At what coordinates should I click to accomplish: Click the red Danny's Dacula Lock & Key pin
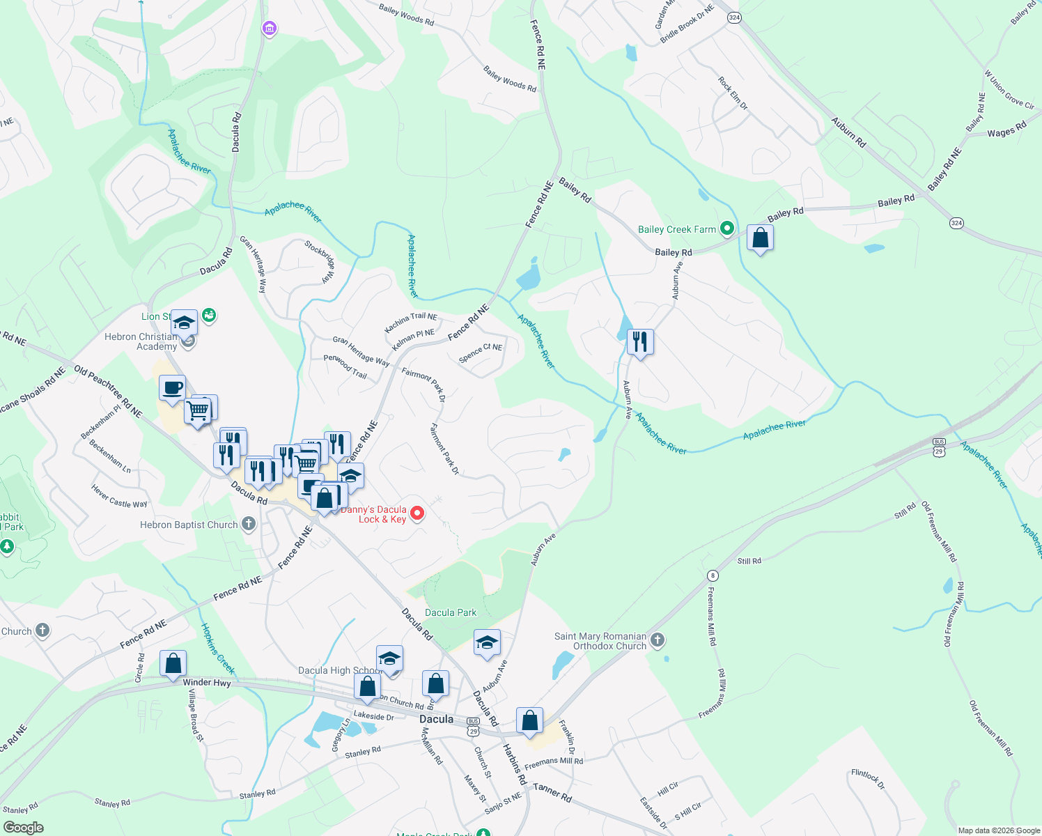click(417, 513)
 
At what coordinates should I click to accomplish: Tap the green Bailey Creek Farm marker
click(727, 229)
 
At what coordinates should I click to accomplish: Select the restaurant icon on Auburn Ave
click(639, 342)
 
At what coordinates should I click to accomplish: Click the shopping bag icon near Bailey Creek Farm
click(760, 238)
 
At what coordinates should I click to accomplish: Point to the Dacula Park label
click(451, 613)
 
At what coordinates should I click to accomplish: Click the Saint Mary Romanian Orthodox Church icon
click(658, 639)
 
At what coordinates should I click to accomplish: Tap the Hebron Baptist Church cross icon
click(249, 525)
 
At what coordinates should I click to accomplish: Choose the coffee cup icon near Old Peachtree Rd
click(172, 388)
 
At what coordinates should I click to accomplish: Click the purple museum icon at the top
click(269, 29)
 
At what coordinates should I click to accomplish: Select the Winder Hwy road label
click(207, 683)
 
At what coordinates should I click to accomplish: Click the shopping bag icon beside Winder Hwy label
click(173, 663)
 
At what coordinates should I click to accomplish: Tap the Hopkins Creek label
click(218, 649)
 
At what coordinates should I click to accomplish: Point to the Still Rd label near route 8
click(749, 561)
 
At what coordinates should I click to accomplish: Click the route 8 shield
click(712, 575)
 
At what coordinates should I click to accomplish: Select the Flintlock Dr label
click(868, 779)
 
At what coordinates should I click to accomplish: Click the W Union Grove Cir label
click(1009, 89)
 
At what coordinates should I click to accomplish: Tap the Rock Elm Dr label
click(733, 93)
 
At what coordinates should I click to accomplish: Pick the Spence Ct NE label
click(480, 353)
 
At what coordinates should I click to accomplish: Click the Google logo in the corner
click(23, 828)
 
